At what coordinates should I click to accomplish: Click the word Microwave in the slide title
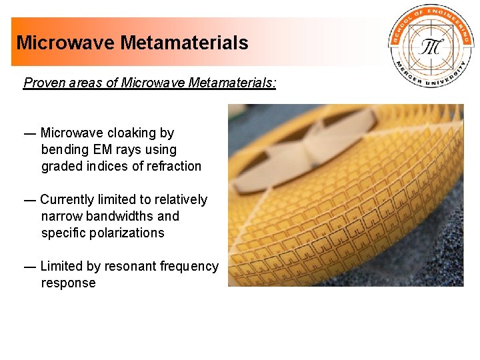[x=66, y=43]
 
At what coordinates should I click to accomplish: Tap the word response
[x=68, y=283]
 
